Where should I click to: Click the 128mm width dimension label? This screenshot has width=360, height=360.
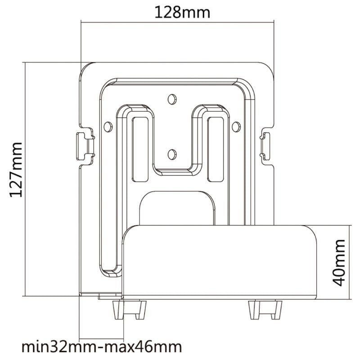[x=182, y=12]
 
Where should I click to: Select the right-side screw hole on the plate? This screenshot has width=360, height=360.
[x=235, y=126]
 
